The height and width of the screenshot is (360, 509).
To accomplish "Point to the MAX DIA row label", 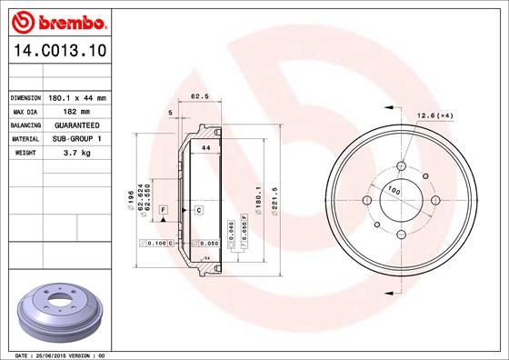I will click(x=25, y=111).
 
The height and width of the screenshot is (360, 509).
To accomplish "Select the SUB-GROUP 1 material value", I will click(x=77, y=138).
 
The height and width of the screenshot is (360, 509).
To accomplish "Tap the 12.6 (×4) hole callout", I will click(x=434, y=115).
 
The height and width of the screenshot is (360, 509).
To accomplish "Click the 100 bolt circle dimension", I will click(x=394, y=191).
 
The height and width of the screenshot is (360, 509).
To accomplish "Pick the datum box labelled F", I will click(x=163, y=210).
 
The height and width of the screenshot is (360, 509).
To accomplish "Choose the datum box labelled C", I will click(x=197, y=210).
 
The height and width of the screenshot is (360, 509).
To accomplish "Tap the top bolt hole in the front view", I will click(x=401, y=166).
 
